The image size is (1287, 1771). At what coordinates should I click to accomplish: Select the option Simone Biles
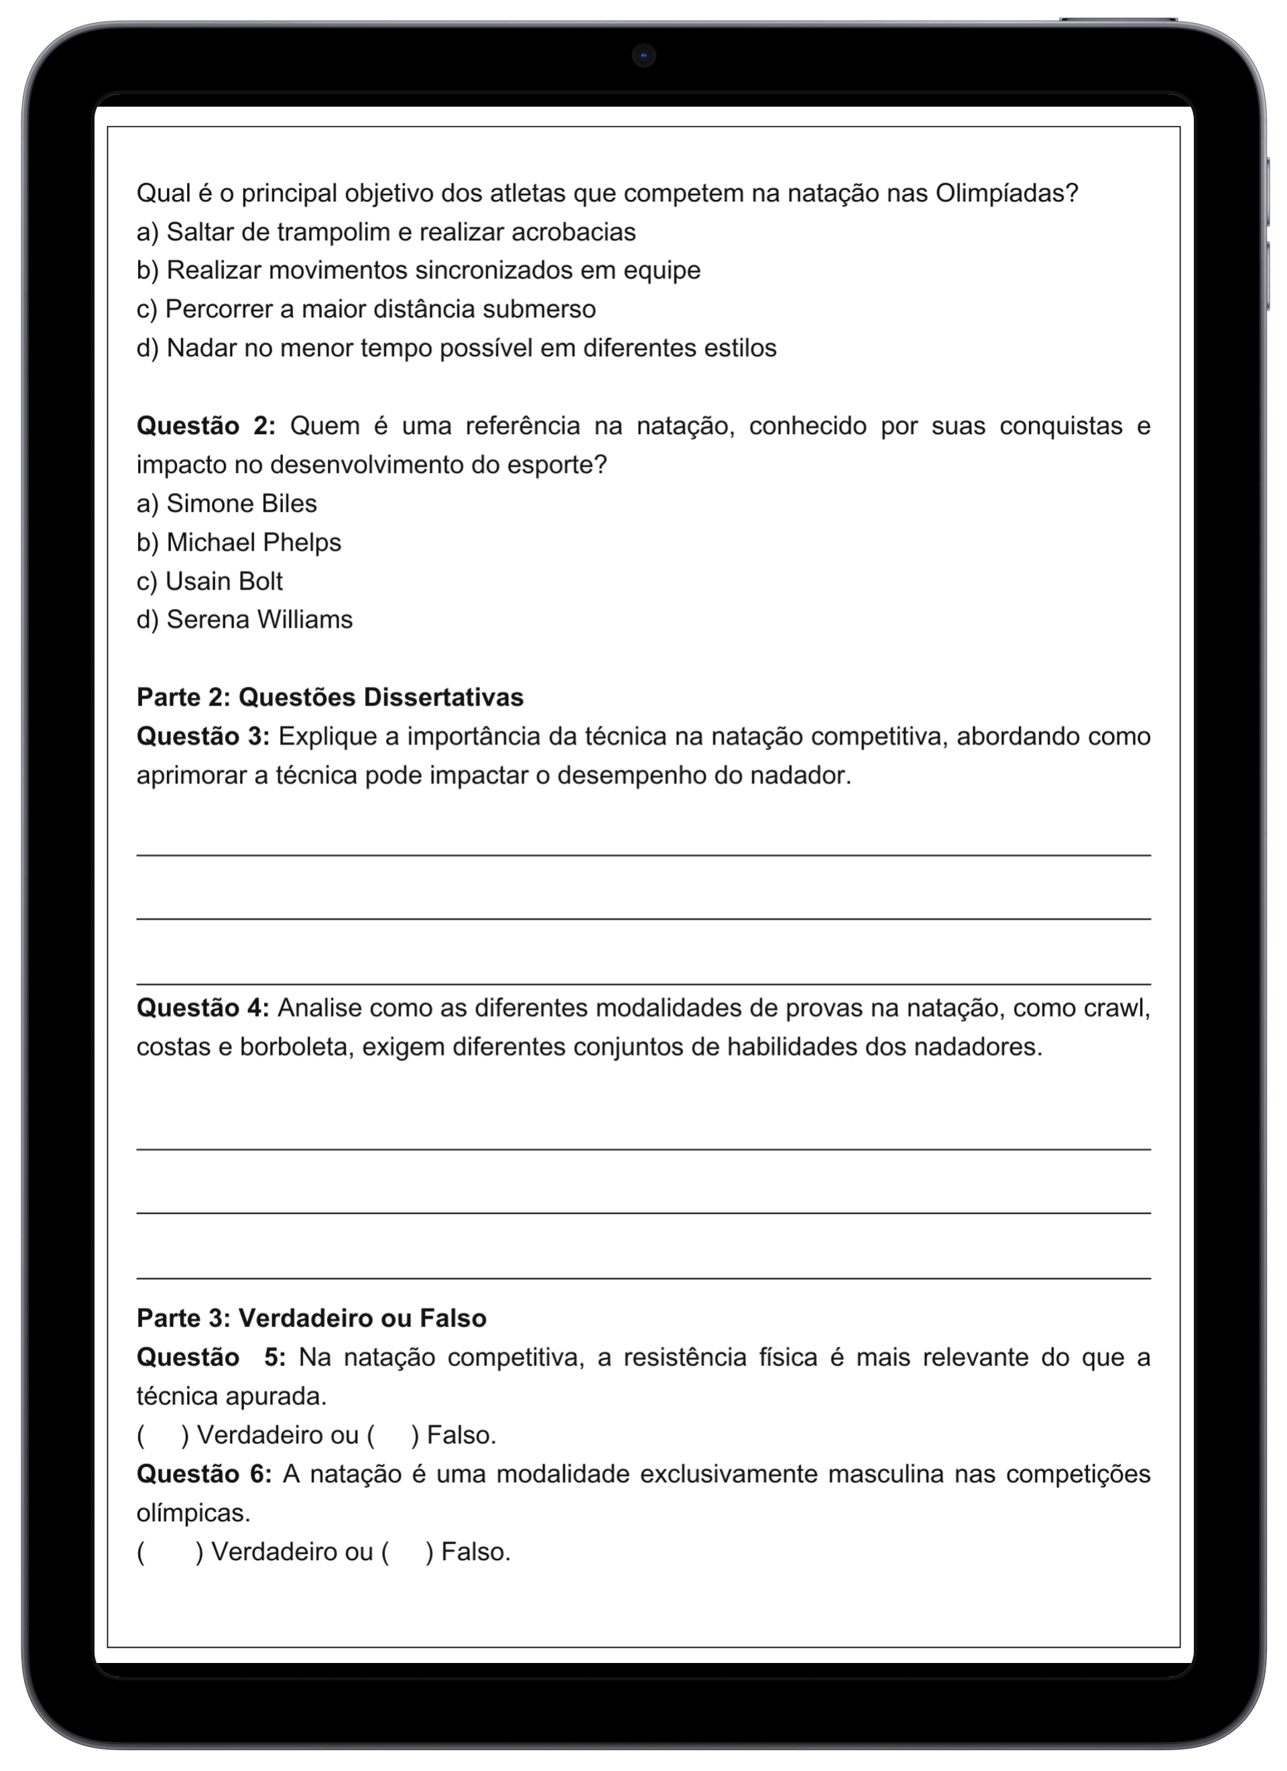click(242, 504)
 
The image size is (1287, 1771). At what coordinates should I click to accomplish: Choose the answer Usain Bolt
click(224, 581)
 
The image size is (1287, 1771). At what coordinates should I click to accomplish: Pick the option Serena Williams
click(259, 619)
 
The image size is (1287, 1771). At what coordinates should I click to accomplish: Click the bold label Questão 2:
click(206, 427)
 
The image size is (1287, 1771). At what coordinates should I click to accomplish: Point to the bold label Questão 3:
click(203, 737)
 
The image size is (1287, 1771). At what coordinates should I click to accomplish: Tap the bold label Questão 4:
click(203, 1008)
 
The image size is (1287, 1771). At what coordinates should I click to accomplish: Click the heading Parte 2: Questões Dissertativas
click(329, 697)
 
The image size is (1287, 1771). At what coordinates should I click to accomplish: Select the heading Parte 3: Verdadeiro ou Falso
click(312, 1318)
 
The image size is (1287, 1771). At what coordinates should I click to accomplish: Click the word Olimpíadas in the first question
click(1006, 193)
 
